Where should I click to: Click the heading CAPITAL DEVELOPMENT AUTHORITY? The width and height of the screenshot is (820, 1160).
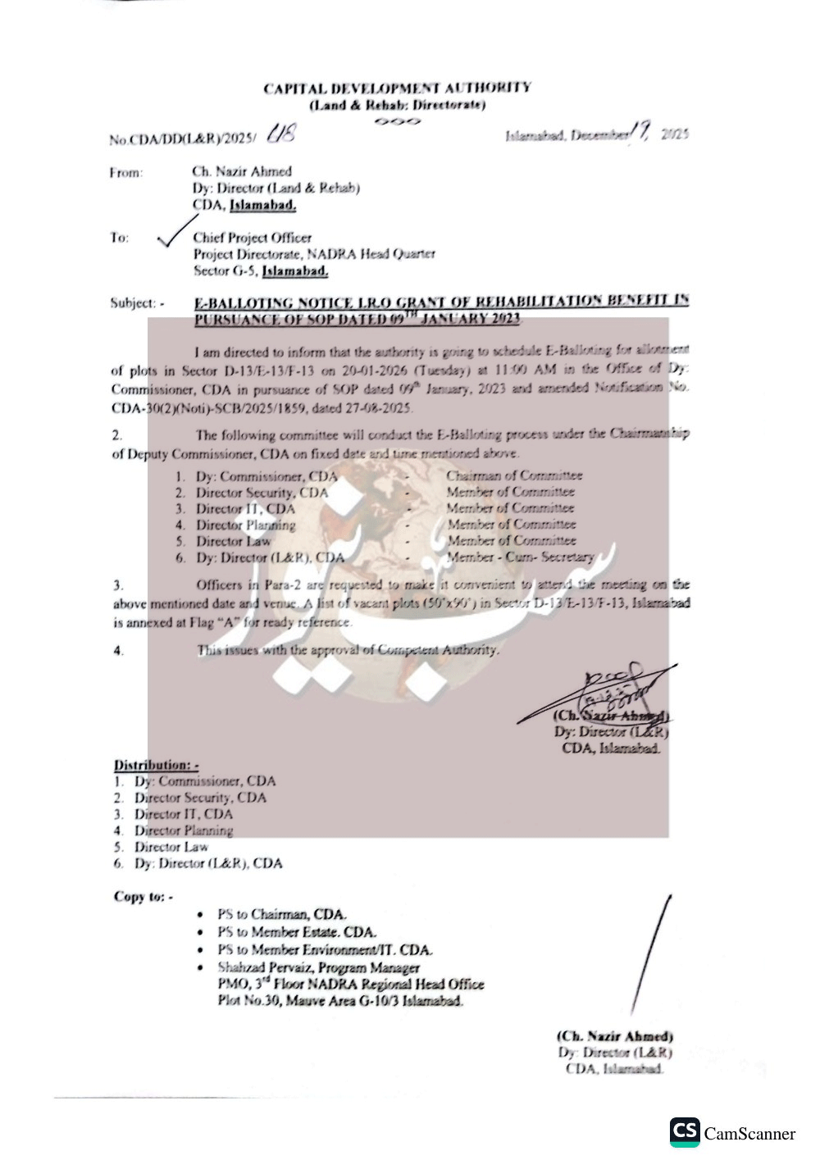click(397, 88)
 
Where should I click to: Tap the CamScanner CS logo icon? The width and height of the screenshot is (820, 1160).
click(685, 1132)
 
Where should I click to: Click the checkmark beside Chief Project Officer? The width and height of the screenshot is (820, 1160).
click(176, 232)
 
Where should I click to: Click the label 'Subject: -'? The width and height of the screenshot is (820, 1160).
click(137, 303)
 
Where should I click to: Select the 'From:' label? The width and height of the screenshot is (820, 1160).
click(125, 172)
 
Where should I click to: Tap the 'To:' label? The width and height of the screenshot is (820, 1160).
click(120, 238)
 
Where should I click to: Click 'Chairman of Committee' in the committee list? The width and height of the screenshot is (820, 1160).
click(514, 475)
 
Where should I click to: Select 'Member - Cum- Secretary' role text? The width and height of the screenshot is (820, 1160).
click(521, 557)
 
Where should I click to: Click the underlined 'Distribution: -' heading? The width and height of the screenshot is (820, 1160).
click(156, 765)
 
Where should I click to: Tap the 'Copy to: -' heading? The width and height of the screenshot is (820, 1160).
click(143, 896)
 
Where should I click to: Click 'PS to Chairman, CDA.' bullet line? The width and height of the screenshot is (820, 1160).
click(282, 914)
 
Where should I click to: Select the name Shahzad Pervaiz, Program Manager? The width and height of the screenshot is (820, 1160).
click(318, 968)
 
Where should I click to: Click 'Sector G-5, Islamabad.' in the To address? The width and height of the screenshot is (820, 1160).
click(261, 271)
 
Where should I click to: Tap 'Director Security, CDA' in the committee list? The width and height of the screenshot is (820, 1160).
click(261, 493)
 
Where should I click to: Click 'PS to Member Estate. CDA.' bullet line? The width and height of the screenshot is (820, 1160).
click(297, 932)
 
